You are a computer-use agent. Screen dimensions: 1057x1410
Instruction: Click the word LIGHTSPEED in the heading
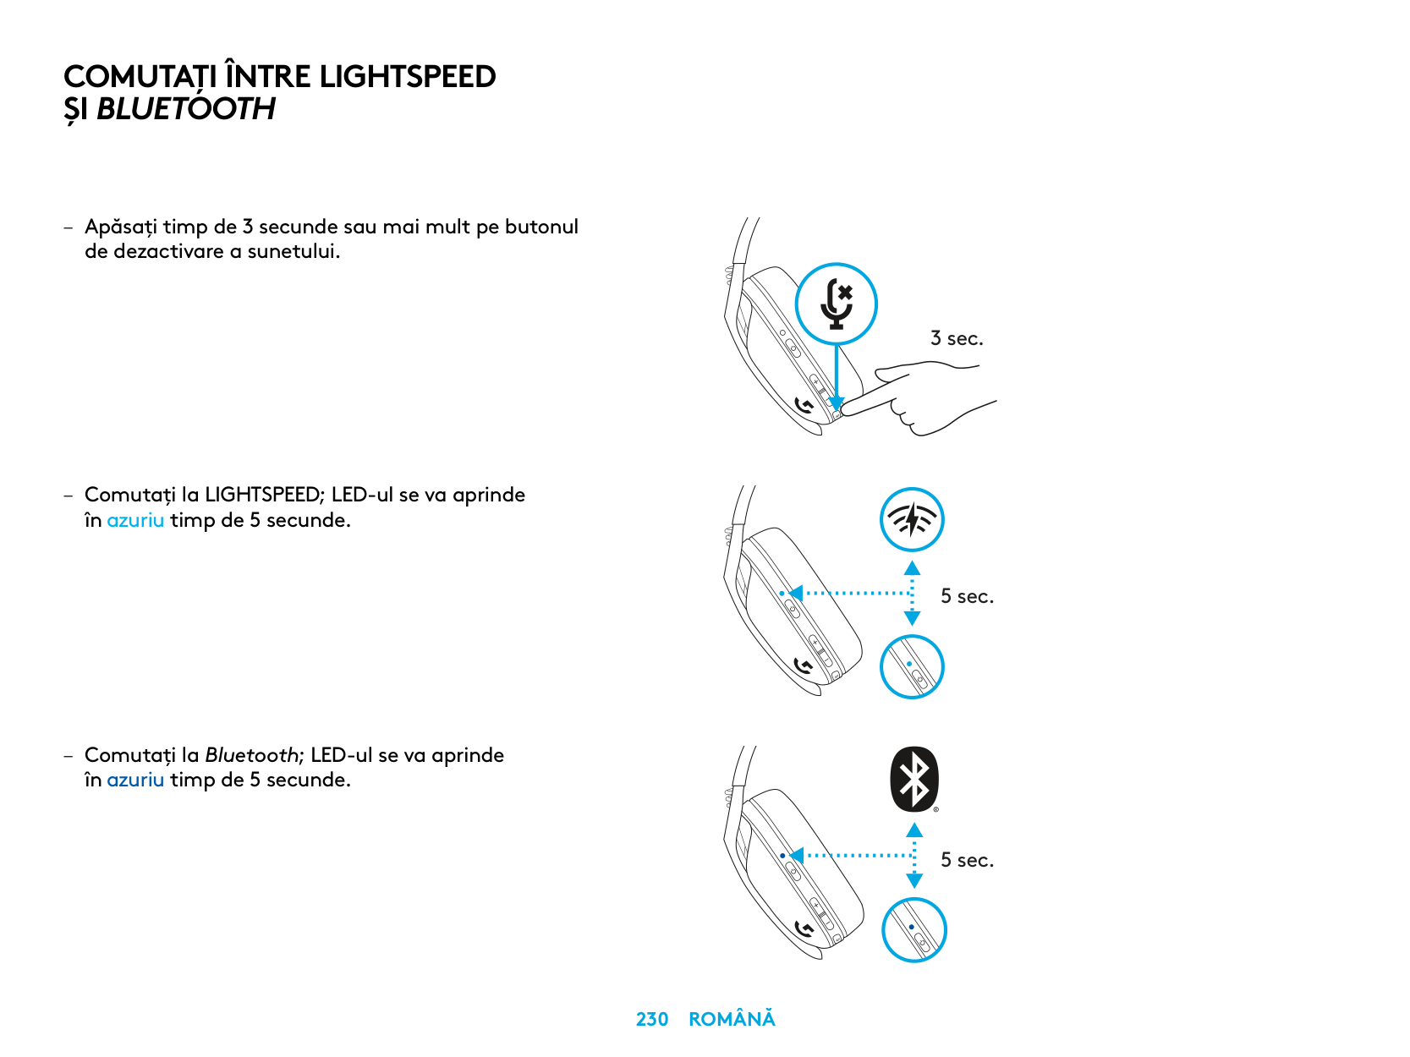(407, 77)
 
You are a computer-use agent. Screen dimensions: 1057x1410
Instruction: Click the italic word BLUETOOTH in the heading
(186, 109)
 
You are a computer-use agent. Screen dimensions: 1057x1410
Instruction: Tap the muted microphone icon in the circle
(837, 304)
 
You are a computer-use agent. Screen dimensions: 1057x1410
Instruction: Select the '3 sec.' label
(957, 339)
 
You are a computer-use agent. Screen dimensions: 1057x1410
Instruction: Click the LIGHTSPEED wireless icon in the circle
(912, 519)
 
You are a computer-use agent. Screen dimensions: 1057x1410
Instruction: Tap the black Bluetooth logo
(914, 779)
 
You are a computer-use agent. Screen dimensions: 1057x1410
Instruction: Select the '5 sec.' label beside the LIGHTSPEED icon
(967, 597)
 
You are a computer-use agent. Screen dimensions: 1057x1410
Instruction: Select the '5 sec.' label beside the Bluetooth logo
(967, 861)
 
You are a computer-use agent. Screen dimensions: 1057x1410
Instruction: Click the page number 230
(651, 1020)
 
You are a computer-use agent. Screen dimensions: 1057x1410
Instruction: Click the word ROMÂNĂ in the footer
(732, 1020)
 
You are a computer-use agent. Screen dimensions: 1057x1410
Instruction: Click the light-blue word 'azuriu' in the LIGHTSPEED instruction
(135, 520)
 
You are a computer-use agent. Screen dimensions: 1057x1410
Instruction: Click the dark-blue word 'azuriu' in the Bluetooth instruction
(135, 780)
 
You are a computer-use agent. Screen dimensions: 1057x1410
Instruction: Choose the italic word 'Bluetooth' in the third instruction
(252, 755)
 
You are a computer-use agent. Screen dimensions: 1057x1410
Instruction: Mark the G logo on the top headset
(804, 407)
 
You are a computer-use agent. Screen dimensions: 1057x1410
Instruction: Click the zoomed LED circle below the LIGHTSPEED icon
(912, 666)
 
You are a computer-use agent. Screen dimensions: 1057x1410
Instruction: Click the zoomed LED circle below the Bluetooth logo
(913, 930)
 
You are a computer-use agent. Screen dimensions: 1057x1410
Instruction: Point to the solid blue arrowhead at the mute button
(837, 403)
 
